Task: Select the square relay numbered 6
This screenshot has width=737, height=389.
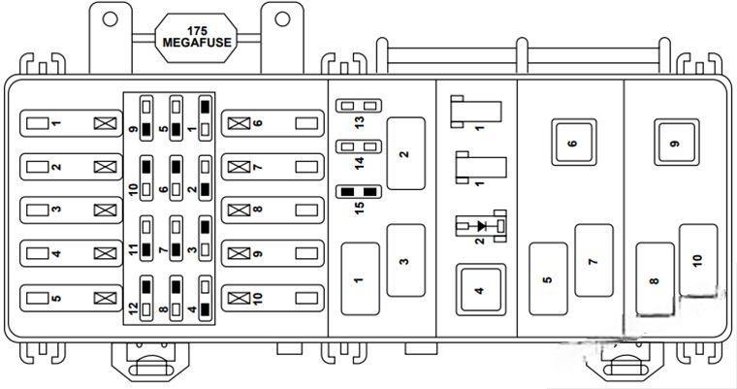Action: tap(572, 144)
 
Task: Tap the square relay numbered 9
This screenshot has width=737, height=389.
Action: tap(675, 144)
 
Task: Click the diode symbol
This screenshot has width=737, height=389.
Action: tap(479, 226)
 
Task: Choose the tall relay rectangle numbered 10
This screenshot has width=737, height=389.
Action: tap(697, 259)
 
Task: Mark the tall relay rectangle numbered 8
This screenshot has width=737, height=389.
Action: tap(655, 280)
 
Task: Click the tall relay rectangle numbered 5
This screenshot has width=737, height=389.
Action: tap(548, 280)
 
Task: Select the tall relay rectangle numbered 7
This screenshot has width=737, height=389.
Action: tap(593, 259)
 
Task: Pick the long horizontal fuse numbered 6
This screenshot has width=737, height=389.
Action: tap(272, 123)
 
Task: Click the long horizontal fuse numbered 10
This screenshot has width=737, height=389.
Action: tap(272, 297)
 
